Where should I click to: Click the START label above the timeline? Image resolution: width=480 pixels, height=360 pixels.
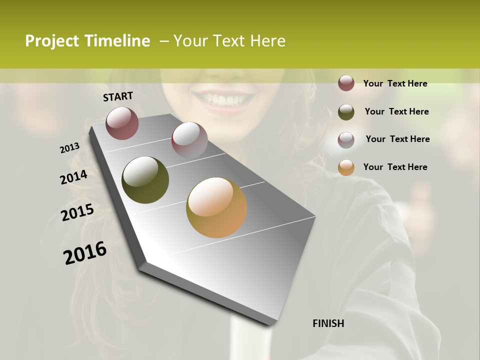click(118, 96)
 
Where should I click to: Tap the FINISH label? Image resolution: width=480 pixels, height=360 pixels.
click(328, 323)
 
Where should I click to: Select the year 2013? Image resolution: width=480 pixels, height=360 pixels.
click(70, 148)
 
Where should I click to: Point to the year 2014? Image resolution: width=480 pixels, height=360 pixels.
click(74, 177)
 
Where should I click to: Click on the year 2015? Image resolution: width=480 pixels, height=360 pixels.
click(77, 212)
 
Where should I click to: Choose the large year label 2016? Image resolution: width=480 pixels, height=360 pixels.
click(85, 253)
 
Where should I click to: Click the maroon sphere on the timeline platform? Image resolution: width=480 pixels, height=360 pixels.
click(122, 123)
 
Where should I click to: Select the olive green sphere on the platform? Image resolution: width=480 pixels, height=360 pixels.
click(145, 180)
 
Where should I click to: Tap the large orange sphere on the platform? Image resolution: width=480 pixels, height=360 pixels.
click(216, 207)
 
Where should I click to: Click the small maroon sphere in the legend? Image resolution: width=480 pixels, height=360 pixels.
click(346, 83)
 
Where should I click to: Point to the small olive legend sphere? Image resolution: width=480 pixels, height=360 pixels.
click(346, 111)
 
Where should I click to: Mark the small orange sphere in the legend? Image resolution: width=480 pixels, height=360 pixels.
click(346, 167)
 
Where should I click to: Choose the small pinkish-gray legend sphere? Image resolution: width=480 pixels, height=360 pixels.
click(346, 139)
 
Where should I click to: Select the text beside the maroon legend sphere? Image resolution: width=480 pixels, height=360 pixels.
click(395, 83)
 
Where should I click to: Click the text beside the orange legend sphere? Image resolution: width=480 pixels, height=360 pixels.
click(395, 167)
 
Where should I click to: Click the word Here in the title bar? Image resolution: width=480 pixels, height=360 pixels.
click(267, 41)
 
